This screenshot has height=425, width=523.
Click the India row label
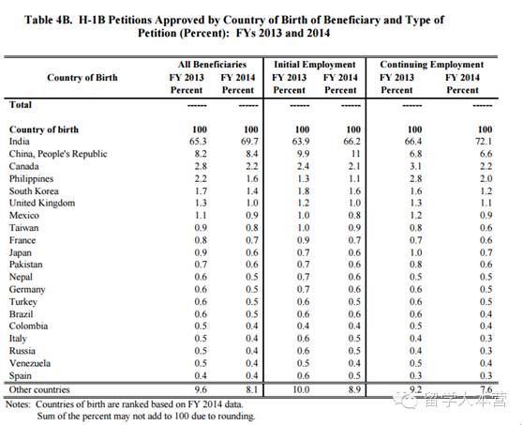20,142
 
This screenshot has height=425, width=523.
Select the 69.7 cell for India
249,142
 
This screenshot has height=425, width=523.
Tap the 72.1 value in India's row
484,142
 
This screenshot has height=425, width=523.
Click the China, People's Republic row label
58,154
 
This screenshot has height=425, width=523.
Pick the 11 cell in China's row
355,154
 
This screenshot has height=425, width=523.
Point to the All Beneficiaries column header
212,65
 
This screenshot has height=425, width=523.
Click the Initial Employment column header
315,65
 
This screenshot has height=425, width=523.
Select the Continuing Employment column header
431,65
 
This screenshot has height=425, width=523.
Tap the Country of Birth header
82,78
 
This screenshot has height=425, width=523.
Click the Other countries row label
39,389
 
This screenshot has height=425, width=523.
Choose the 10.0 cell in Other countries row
301,389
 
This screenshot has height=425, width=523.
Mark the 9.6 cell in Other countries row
201,389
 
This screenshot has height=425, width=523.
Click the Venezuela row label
30,363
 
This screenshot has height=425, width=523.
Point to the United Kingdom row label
42,203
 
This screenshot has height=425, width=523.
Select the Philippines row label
31,179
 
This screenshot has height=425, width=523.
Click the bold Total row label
21,105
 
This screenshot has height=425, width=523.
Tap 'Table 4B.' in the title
49,20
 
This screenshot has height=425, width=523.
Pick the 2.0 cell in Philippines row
486,179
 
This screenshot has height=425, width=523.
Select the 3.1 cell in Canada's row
415,166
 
